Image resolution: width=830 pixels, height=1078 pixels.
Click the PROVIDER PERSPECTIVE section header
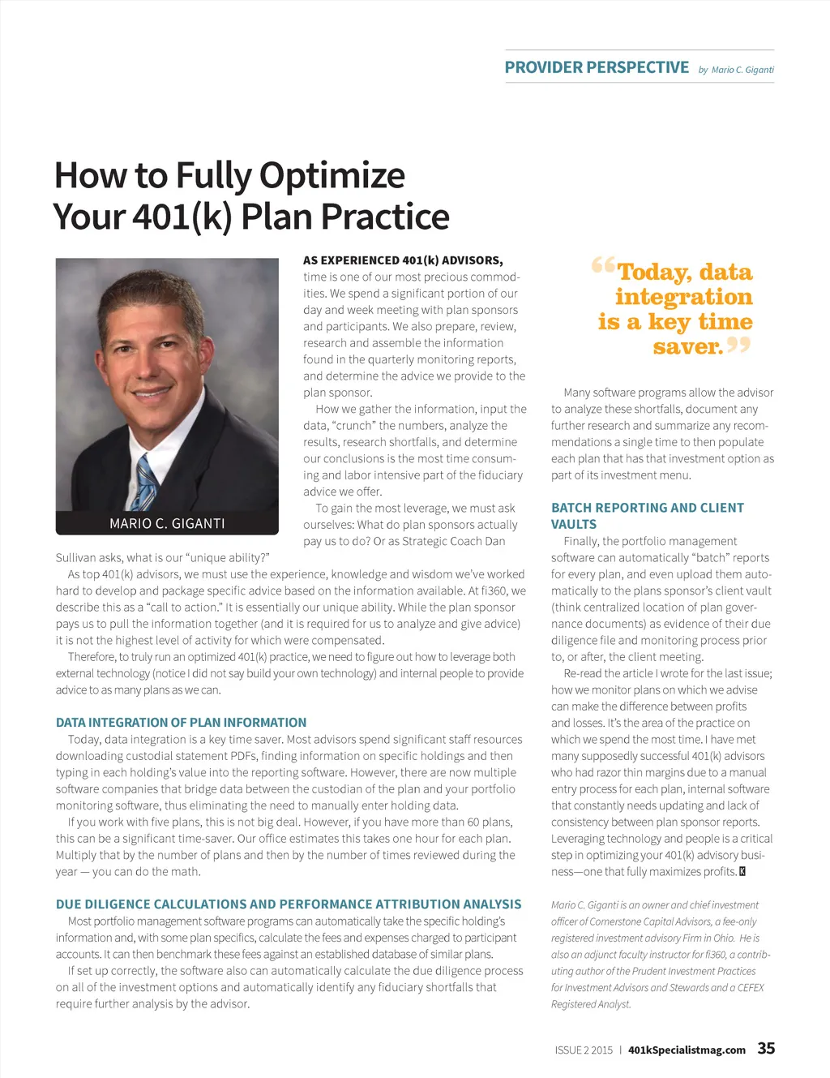(x=597, y=67)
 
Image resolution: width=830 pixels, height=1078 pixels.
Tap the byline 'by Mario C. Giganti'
(x=736, y=70)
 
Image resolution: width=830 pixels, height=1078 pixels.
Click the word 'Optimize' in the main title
(x=332, y=175)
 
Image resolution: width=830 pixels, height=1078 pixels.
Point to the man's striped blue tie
(x=146, y=483)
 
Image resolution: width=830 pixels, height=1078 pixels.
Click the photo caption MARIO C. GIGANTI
(x=167, y=523)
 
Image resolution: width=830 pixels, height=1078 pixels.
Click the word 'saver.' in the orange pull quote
(x=687, y=347)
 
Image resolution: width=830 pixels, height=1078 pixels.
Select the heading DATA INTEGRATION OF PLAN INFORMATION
(x=181, y=723)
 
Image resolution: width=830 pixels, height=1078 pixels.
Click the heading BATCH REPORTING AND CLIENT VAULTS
(x=647, y=516)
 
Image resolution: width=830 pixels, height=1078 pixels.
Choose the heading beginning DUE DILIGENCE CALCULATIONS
(x=289, y=904)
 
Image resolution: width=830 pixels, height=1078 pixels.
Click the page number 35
(x=766, y=1048)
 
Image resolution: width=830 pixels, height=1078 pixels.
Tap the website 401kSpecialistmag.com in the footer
(x=687, y=1050)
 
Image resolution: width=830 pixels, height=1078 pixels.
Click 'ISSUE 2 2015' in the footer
(x=584, y=1050)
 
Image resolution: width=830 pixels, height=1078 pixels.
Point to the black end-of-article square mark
(x=742, y=872)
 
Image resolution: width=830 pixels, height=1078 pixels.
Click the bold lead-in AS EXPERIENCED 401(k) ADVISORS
(x=403, y=260)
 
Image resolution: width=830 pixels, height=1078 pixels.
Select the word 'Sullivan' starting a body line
(x=79, y=558)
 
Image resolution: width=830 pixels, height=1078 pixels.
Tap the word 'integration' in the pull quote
(x=683, y=297)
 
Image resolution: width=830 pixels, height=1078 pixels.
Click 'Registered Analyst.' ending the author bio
(x=591, y=1004)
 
